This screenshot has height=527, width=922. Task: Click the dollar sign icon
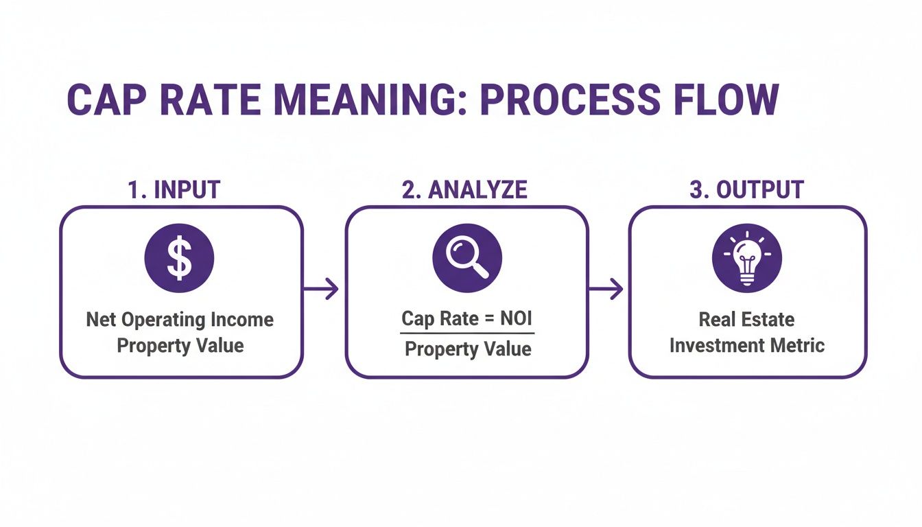[x=179, y=259]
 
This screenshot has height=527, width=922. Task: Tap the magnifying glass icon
[x=466, y=259]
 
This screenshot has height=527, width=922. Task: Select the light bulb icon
[x=746, y=259]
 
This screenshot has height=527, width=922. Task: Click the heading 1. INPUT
[x=174, y=190]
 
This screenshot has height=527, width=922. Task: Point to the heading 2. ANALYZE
[x=464, y=190]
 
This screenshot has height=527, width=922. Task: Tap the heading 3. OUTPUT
[x=746, y=190]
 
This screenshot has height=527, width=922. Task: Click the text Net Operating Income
[x=180, y=320]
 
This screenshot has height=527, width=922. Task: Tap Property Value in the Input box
[x=180, y=345]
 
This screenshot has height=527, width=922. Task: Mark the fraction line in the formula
[x=467, y=333]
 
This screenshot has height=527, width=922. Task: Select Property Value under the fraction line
[x=468, y=349]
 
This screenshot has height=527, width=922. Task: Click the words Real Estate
[x=746, y=320]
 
